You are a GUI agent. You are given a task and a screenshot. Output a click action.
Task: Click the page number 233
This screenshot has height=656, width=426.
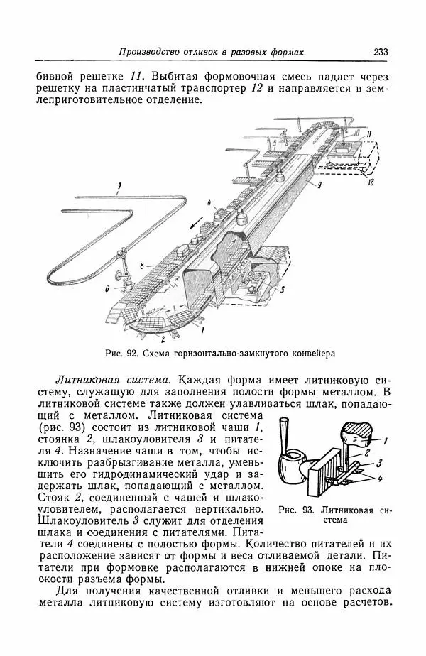[x=379, y=52]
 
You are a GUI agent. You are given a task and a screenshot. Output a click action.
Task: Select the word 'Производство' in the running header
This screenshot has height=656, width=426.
[x=151, y=53]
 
